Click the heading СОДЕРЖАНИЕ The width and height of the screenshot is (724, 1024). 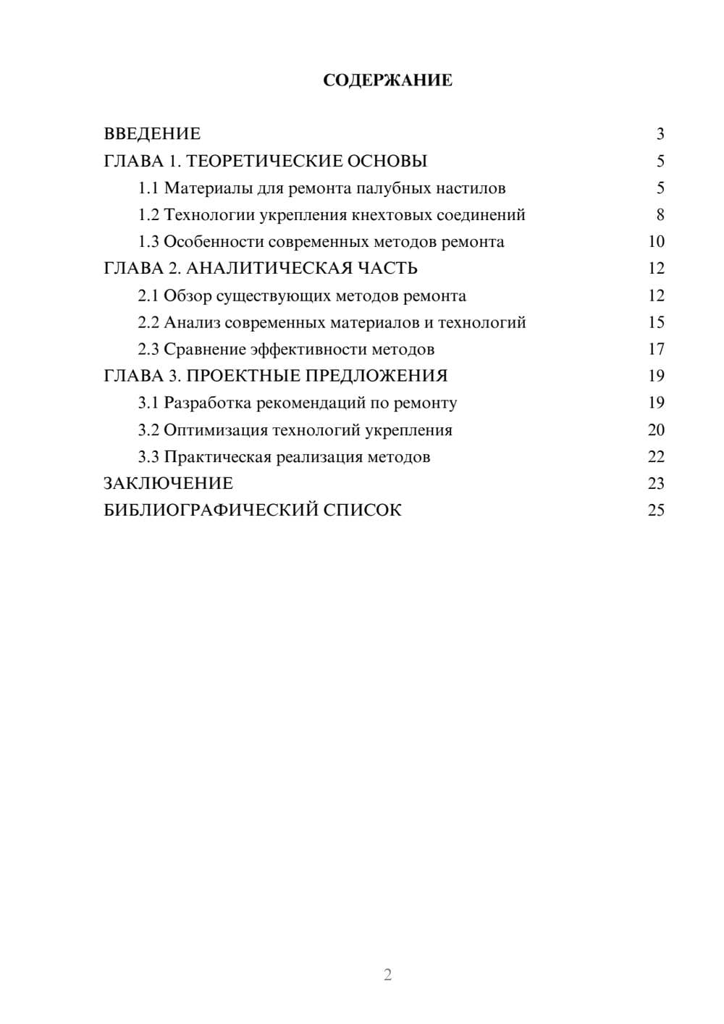(x=387, y=80)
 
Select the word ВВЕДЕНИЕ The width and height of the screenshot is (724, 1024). (x=152, y=134)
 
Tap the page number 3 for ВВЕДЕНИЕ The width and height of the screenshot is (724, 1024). (x=660, y=134)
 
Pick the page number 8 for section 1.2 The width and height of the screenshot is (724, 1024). (x=660, y=215)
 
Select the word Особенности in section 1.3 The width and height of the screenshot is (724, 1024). (x=214, y=242)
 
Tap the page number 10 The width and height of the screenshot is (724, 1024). (x=656, y=242)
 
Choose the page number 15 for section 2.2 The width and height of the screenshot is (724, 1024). (x=656, y=323)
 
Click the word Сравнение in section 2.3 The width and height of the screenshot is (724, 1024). (x=205, y=350)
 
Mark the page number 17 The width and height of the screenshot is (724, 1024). (x=656, y=350)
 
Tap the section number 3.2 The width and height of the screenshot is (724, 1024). (x=148, y=430)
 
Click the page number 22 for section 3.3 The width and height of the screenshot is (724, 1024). (x=656, y=457)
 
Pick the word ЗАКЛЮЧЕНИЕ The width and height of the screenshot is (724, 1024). (x=169, y=483)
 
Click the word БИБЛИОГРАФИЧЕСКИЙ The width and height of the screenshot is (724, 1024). (x=211, y=511)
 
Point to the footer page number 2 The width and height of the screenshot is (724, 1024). (x=387, y=975)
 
